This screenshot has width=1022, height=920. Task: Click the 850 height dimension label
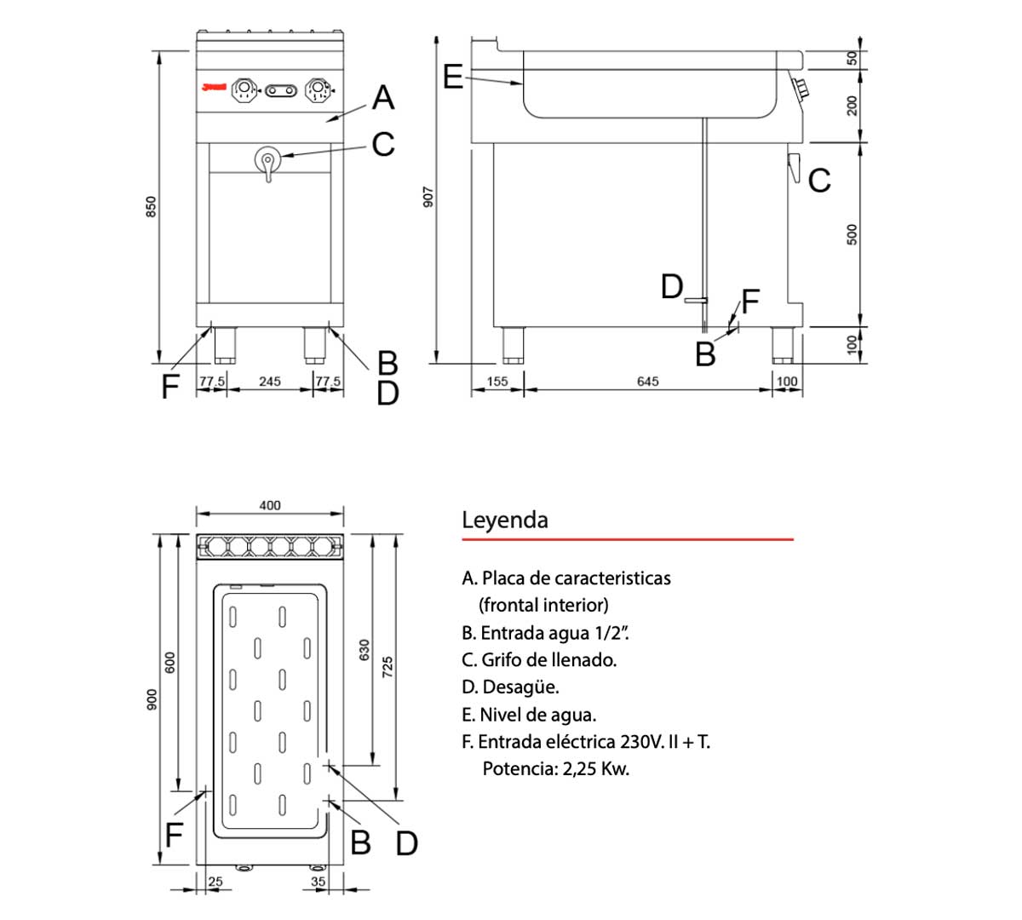pos(151,206)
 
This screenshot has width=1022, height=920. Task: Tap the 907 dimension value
pos(429,197)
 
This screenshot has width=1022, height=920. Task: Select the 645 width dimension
pos(647,382)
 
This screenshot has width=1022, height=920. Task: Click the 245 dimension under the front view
pos(269,382)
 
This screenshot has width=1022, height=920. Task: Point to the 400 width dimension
pos(269,505)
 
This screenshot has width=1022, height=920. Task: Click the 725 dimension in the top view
pos(388,667)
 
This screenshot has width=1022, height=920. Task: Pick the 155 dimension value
pos(497,382)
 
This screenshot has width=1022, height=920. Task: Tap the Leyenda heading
pos(505,520)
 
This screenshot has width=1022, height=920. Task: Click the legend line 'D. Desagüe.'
pos(510,687)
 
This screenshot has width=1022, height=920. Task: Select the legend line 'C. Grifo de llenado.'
pos(539,659)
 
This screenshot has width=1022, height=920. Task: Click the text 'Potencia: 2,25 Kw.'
pos(555,768)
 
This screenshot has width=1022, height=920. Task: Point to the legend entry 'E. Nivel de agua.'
pos(529,714)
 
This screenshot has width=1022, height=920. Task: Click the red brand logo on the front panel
pos(214,87)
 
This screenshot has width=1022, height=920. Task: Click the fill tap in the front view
pos(267,161)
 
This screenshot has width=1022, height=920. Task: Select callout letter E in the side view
pos(453,77)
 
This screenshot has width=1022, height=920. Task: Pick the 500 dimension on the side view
pos(853,234)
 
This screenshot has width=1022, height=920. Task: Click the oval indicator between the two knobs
pos(282,90)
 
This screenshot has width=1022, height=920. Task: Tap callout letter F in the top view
pos(174,835)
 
